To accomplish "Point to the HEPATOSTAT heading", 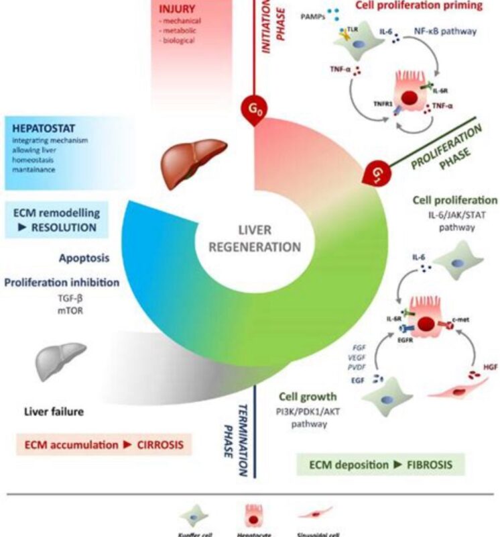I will (x=42, y=126).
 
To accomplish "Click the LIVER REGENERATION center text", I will (x=254, y=238).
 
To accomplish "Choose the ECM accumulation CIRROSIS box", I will (x=101, y=444).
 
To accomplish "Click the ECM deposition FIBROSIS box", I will (x=380, y=464).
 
